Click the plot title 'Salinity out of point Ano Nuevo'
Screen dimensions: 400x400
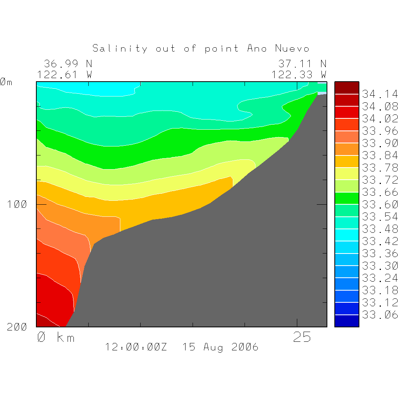(201, 48)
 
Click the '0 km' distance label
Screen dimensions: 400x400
(55, 337)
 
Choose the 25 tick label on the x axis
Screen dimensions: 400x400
(302, 337)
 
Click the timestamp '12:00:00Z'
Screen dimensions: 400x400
(136, 347)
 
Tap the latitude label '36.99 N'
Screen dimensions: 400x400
(68, 64)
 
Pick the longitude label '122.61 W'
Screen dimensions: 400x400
(65, 75)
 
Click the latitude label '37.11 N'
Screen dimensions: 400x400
(302, 64)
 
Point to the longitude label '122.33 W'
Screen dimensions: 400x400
(299, 75)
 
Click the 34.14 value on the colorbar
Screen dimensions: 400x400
(380, 94)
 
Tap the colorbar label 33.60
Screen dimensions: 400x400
(380, 204)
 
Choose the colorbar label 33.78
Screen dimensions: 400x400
(380, 168)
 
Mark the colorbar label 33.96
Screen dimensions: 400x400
(380, 131)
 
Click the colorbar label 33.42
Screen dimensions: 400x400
(380, 241)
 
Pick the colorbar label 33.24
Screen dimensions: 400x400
(380, 278)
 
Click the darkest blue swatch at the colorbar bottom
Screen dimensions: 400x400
(346, 321)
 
